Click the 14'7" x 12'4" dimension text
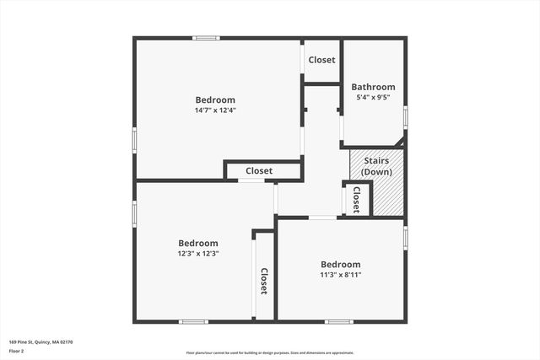[x=215, y=110]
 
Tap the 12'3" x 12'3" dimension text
[x=198, y=253]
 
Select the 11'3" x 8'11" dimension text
[x=340, y=274]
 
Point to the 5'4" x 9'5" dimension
[x=373, y=97]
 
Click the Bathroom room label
[x=373, y=87]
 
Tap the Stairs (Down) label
[x=375, y=166]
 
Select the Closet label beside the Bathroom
[x=321, y=60]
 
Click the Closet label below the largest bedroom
[x=259, y=171]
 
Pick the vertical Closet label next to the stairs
[x=357, y=199]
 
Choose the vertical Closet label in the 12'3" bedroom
[x=264, y=281]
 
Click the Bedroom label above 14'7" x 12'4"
[x=215, y=99]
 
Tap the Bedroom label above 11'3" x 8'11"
[x=340, y=264]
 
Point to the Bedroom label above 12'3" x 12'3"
[x=198, y=243]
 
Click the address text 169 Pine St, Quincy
[x=41, y=341]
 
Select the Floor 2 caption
[x=17, y=351]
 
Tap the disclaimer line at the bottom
[x=270, y=353]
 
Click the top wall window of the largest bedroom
[x=206, y=38]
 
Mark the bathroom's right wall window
[x=406, y=116]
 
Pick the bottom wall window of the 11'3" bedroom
[x=339, y=321]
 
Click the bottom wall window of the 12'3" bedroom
[x=193, y=321]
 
